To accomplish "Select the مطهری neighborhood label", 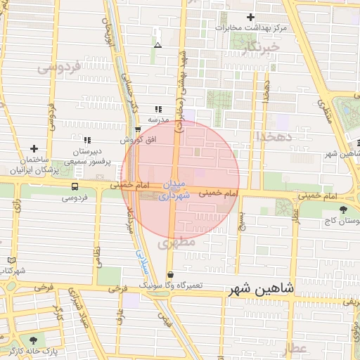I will pos(174,243).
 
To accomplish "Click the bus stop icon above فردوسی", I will pos(75,187).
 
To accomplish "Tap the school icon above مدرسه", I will pos(158,109).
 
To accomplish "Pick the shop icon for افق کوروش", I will pos(138,129).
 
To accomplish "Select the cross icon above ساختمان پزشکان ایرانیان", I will pos(34,149).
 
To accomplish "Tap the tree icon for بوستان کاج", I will pos(343,210).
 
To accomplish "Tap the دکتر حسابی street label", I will pos(131,94).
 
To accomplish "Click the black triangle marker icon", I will pos(157,45).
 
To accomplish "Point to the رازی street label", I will pos(16,207).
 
